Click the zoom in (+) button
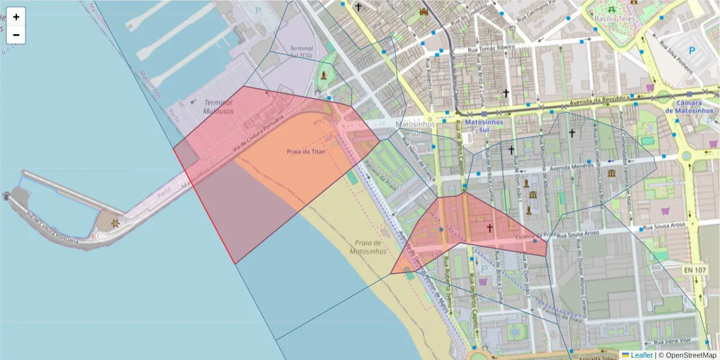coord(16,17)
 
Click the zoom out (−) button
coord(16,35)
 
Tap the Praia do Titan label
coord(306,152)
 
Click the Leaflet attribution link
coord(641,355)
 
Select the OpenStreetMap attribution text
coord(688,355)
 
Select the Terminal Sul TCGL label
coord(301,51)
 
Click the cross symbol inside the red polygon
coord(490,227)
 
